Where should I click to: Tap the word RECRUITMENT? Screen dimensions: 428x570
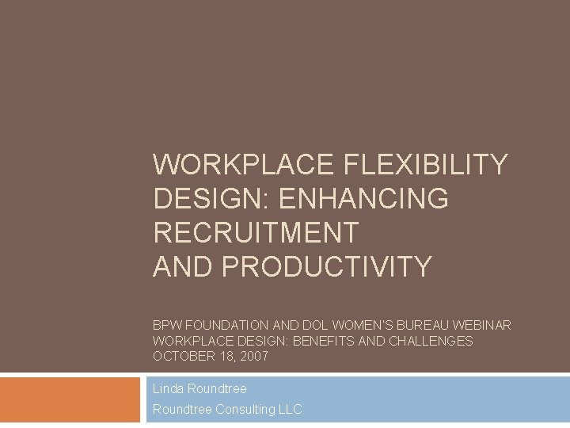[256, 233]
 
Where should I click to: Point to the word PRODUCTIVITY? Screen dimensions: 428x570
[327, 267]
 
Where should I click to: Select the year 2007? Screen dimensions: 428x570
[253, 357]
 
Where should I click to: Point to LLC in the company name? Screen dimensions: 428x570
[290, 410]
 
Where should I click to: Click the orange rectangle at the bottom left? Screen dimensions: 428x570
[69, 399]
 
